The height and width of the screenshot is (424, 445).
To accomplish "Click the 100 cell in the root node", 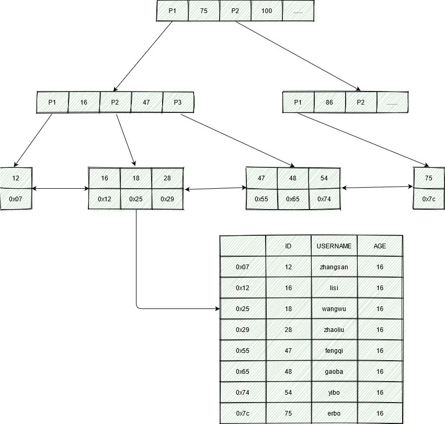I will coord(267,10).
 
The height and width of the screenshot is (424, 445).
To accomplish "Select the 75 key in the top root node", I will coord(204,10).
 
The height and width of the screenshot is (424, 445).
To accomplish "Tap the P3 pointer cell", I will coord(178,102).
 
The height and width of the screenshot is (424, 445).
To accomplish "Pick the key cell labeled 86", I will coord(329,102).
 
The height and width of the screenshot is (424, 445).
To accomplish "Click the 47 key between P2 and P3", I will coord(146,102).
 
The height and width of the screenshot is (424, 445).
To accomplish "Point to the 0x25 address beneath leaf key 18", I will coord(136,199).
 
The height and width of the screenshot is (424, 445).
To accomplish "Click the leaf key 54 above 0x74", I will coord(324,178).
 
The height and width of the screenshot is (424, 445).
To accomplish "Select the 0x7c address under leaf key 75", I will coord(429,199).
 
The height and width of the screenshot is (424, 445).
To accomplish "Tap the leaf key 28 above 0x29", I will coord(167,178).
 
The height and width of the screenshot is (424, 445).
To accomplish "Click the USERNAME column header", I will coord(334,246).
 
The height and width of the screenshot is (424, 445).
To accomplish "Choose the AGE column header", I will coord(380,246).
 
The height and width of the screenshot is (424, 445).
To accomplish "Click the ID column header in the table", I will coord(288,246).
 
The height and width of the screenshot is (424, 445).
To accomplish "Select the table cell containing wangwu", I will coord(334,309).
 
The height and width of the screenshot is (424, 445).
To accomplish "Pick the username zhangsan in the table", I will coord(334,267).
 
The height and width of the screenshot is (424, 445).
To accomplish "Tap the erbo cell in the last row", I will coord(334,414).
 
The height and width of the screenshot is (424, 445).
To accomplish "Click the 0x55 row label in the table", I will coord(243,351).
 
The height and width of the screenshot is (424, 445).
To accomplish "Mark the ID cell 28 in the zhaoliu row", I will coord(288,330).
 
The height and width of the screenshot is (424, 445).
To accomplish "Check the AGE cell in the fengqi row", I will coord(380,351).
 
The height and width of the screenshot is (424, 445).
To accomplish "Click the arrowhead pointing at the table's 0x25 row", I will coord(217,309).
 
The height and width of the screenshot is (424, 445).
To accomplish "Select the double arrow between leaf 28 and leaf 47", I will coord(215,189).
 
